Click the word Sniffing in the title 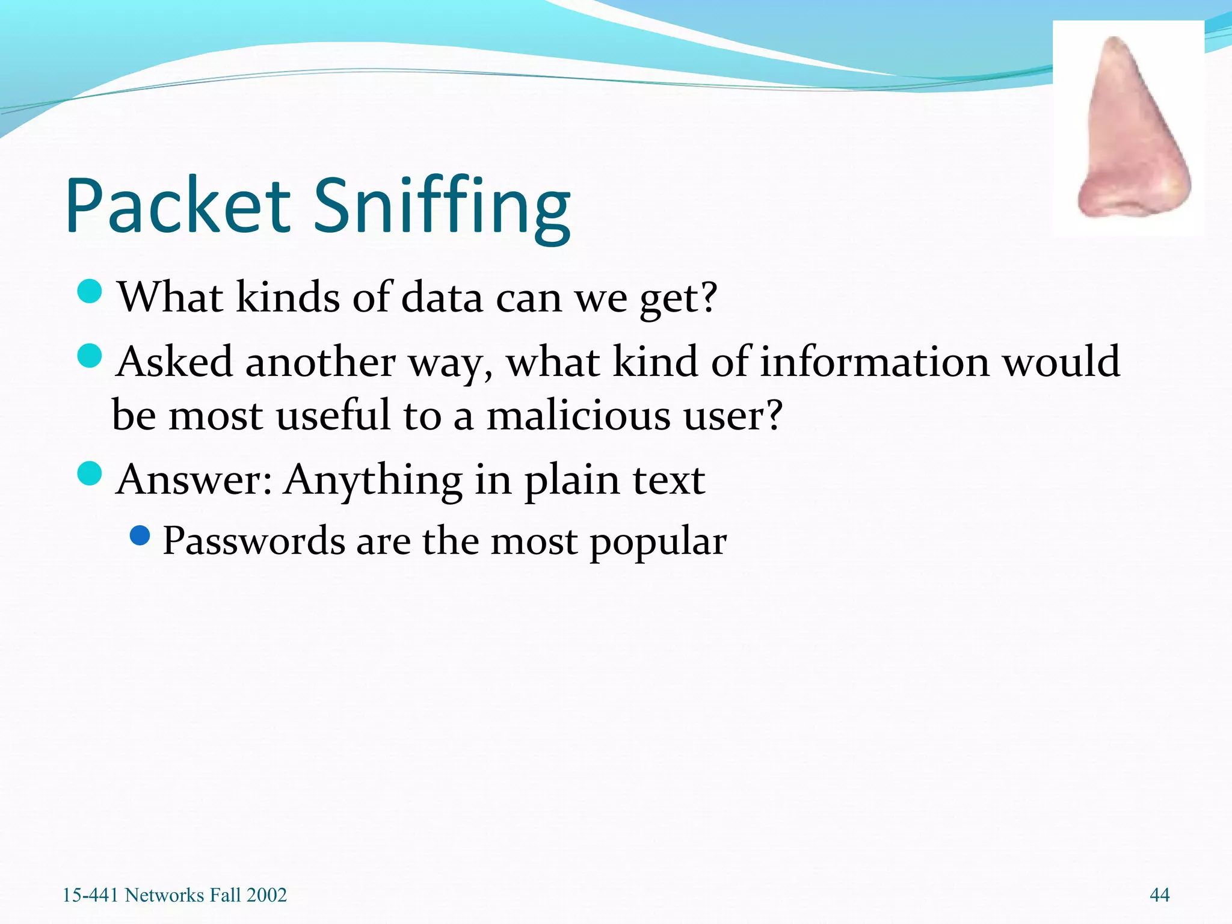[442, 208]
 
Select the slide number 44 [1159, 895]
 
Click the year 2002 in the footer [266, 895]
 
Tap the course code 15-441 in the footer [91, 895]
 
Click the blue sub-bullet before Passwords [140, 535]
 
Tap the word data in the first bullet [442, 297]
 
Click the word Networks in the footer [164, 895]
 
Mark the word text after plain [668, 480]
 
